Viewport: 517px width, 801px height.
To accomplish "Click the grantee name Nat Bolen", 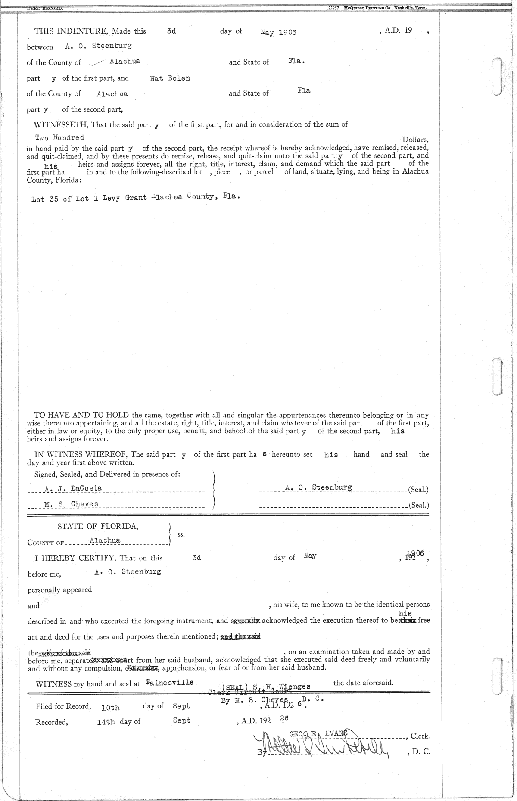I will [x=170, y=78].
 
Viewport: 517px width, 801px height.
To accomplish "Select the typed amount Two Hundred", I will [x=59, y=138].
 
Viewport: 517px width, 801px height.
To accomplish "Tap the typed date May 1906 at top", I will [x=279, y=32].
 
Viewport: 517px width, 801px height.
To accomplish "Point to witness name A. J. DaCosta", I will [x=73, y=488].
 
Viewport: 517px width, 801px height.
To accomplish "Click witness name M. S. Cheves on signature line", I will [x=71, y=504].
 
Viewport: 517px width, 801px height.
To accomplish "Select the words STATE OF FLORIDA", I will [x=98, y=526].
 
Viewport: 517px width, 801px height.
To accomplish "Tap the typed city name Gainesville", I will [x=170, y=683].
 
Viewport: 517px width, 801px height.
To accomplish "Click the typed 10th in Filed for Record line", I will [x=110, y=707].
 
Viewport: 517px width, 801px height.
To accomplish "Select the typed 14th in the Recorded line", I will [x=106, y=722].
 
